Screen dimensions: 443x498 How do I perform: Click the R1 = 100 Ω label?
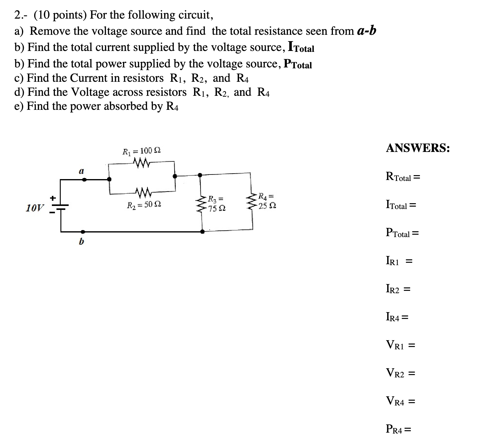coord(142,151)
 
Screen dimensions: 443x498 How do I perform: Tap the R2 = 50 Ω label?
coord(144,205)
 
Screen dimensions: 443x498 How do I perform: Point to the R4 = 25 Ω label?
coord(267,201)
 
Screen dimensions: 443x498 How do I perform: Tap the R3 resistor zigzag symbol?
coord(201,203)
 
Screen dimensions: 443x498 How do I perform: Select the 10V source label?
coord(34,208)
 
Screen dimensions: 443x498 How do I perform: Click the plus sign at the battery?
coord(53,198)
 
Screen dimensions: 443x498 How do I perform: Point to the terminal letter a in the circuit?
coord(81,171)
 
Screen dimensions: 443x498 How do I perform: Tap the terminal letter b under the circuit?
coord(81,242)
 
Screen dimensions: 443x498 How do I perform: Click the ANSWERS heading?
coord(418,148)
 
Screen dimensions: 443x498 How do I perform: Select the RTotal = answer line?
coord(403,177)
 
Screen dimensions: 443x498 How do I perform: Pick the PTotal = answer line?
coord(402,233)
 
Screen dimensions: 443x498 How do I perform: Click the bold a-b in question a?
coord(366,31)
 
